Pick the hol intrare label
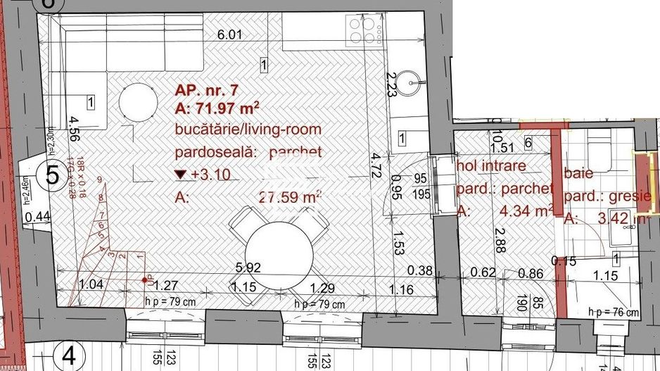pos(491,166)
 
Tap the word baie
pos(576,173)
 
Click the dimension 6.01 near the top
pos(229,34)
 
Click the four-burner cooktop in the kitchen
pos(362,30)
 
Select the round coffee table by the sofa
pos(138,103)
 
